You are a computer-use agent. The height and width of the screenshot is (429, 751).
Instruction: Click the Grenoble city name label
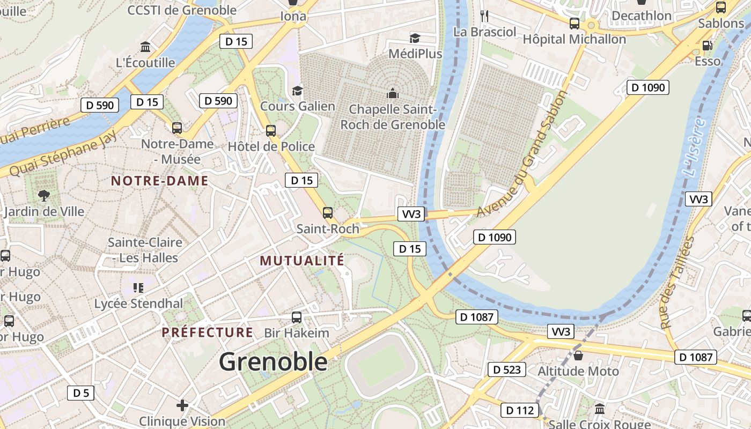coord(273,361)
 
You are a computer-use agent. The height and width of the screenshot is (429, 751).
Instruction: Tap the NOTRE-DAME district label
coord(159,181)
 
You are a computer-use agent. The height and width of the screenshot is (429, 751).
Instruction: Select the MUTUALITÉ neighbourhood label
coord(302,261)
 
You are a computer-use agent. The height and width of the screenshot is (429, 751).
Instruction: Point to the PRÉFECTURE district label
coord(207,332)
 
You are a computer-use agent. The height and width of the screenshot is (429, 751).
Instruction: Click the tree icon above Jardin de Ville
coord(44,196)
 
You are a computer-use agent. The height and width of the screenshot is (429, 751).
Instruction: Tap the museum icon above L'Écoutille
coord(145,47)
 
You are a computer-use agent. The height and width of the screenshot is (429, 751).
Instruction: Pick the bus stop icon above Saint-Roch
coord(328,213)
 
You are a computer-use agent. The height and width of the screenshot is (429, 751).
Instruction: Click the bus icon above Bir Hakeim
coord(296,317)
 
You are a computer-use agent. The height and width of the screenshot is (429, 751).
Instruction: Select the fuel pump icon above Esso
coord(708,46)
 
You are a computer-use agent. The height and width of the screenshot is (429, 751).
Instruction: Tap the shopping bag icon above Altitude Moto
coord(578,355)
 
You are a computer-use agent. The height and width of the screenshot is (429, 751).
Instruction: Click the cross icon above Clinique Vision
coord(182,405)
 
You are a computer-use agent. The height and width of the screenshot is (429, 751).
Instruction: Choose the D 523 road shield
coord(506,369)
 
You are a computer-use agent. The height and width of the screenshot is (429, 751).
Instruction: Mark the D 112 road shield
coord(520,411)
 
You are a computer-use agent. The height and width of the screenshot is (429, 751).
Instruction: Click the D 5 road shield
coord(81,393)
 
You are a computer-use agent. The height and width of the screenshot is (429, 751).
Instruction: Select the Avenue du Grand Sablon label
coord(521,154)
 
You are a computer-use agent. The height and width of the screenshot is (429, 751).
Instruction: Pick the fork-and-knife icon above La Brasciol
coord(484,16)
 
